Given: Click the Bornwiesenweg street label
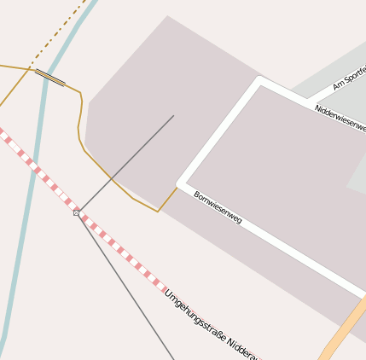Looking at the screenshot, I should [218, 207].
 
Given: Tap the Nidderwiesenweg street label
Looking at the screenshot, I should [340, 118].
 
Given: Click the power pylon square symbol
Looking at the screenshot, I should [77, 212].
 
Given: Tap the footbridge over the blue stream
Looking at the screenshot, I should [49, 78].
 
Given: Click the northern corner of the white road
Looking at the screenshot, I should [260, 81].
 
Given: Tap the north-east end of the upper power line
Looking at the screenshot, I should [173, 116].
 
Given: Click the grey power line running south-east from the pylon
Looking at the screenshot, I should [128, 291].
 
